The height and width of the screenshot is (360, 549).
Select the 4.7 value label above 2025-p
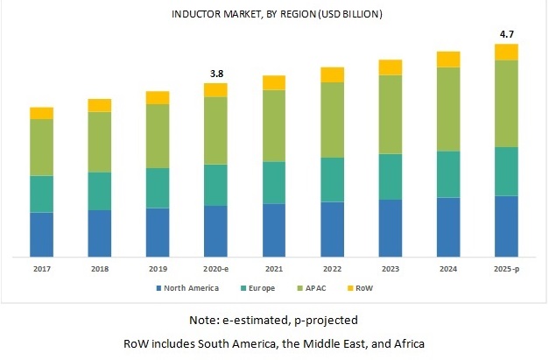pos(507,34)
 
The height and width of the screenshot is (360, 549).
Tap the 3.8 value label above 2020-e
pos(215,74)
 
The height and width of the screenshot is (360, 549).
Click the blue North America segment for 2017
pos(41,235)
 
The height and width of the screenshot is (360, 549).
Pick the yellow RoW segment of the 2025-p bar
pos(507,52)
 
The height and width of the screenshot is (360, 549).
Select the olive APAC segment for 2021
pos(274,125)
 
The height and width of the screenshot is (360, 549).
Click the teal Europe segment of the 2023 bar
pos(391,176)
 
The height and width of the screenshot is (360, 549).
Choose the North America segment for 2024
pos(448,227)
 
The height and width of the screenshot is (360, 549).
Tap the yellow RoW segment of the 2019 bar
pos(158,97)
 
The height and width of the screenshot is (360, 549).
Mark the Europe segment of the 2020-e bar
pos(215,184)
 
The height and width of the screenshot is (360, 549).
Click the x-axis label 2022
pos(332,270)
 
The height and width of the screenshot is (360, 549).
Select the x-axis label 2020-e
pos(215,270)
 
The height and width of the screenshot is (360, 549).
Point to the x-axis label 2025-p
pos(507,270)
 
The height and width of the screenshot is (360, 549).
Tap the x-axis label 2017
pos(41,270)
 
